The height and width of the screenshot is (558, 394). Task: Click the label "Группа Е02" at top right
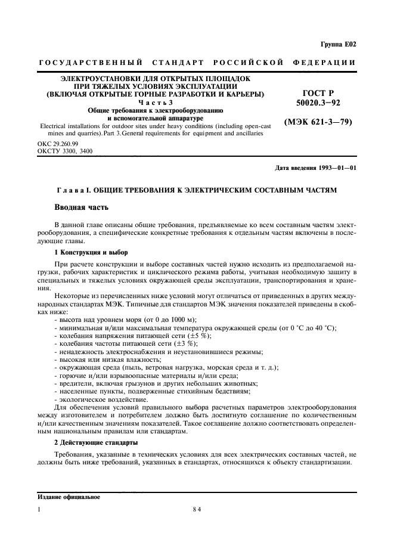pyautogui.click(x=338, y=44)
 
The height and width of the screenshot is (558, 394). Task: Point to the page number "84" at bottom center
pyautogui.click(x=197, y=510)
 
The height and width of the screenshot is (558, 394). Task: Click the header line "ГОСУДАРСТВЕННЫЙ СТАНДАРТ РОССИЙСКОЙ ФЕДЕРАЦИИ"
pyautogui.click(x=197, y=63)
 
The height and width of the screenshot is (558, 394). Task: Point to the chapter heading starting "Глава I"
pyautogui.click(x=197, y=189)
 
